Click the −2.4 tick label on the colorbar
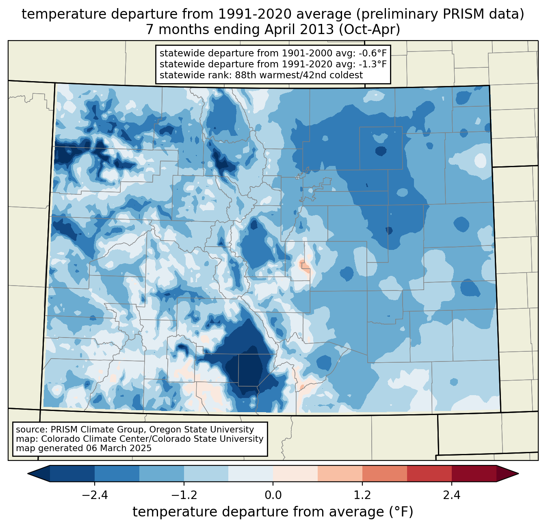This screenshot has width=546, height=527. point(94,495)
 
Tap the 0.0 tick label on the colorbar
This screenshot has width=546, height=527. point(273,495)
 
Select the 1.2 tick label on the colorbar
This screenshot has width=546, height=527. point(362,495)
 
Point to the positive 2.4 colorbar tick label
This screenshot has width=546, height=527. point(452,495)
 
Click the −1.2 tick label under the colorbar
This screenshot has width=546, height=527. point(184,495)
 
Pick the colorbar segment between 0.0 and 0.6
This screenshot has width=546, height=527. point(295,473)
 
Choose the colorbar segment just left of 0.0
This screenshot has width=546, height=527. point(251,473)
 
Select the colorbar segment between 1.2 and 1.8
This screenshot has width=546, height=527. point(385,473)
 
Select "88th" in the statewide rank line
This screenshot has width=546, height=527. point(247,75)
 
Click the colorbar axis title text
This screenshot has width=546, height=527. point(273,512)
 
